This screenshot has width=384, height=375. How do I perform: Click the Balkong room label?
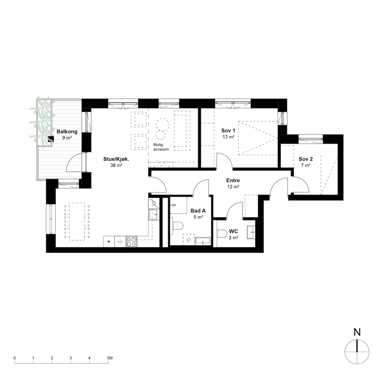pos(67,131)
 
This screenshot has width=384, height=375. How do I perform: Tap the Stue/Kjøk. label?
pos(116,159)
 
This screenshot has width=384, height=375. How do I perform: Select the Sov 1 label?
pos(228,131)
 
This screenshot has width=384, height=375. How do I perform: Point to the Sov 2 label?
pos(306,159)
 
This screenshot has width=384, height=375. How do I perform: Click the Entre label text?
pos(233,181)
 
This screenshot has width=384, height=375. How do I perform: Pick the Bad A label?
pos(198,211)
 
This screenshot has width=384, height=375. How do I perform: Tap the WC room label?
pos(234,231)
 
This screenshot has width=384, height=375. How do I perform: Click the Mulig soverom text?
pos(161,147)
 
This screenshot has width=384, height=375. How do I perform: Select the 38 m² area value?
pos(116,165)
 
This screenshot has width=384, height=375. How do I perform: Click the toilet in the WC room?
pos(222,233)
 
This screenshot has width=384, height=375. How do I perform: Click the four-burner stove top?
pos(132,241)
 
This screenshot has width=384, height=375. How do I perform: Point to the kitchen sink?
pos(153,214)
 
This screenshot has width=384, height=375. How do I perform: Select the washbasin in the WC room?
pos(251,232)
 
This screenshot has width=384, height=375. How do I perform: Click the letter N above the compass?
pos(357,332)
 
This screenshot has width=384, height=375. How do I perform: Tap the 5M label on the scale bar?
pos(110,358)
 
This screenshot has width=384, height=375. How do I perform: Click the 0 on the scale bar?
pos(14,358)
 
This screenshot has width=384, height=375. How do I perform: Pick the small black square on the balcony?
pos(51,139)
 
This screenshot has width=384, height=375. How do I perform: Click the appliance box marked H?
pos(109,241)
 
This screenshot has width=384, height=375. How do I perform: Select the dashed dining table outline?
pos(77,221)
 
